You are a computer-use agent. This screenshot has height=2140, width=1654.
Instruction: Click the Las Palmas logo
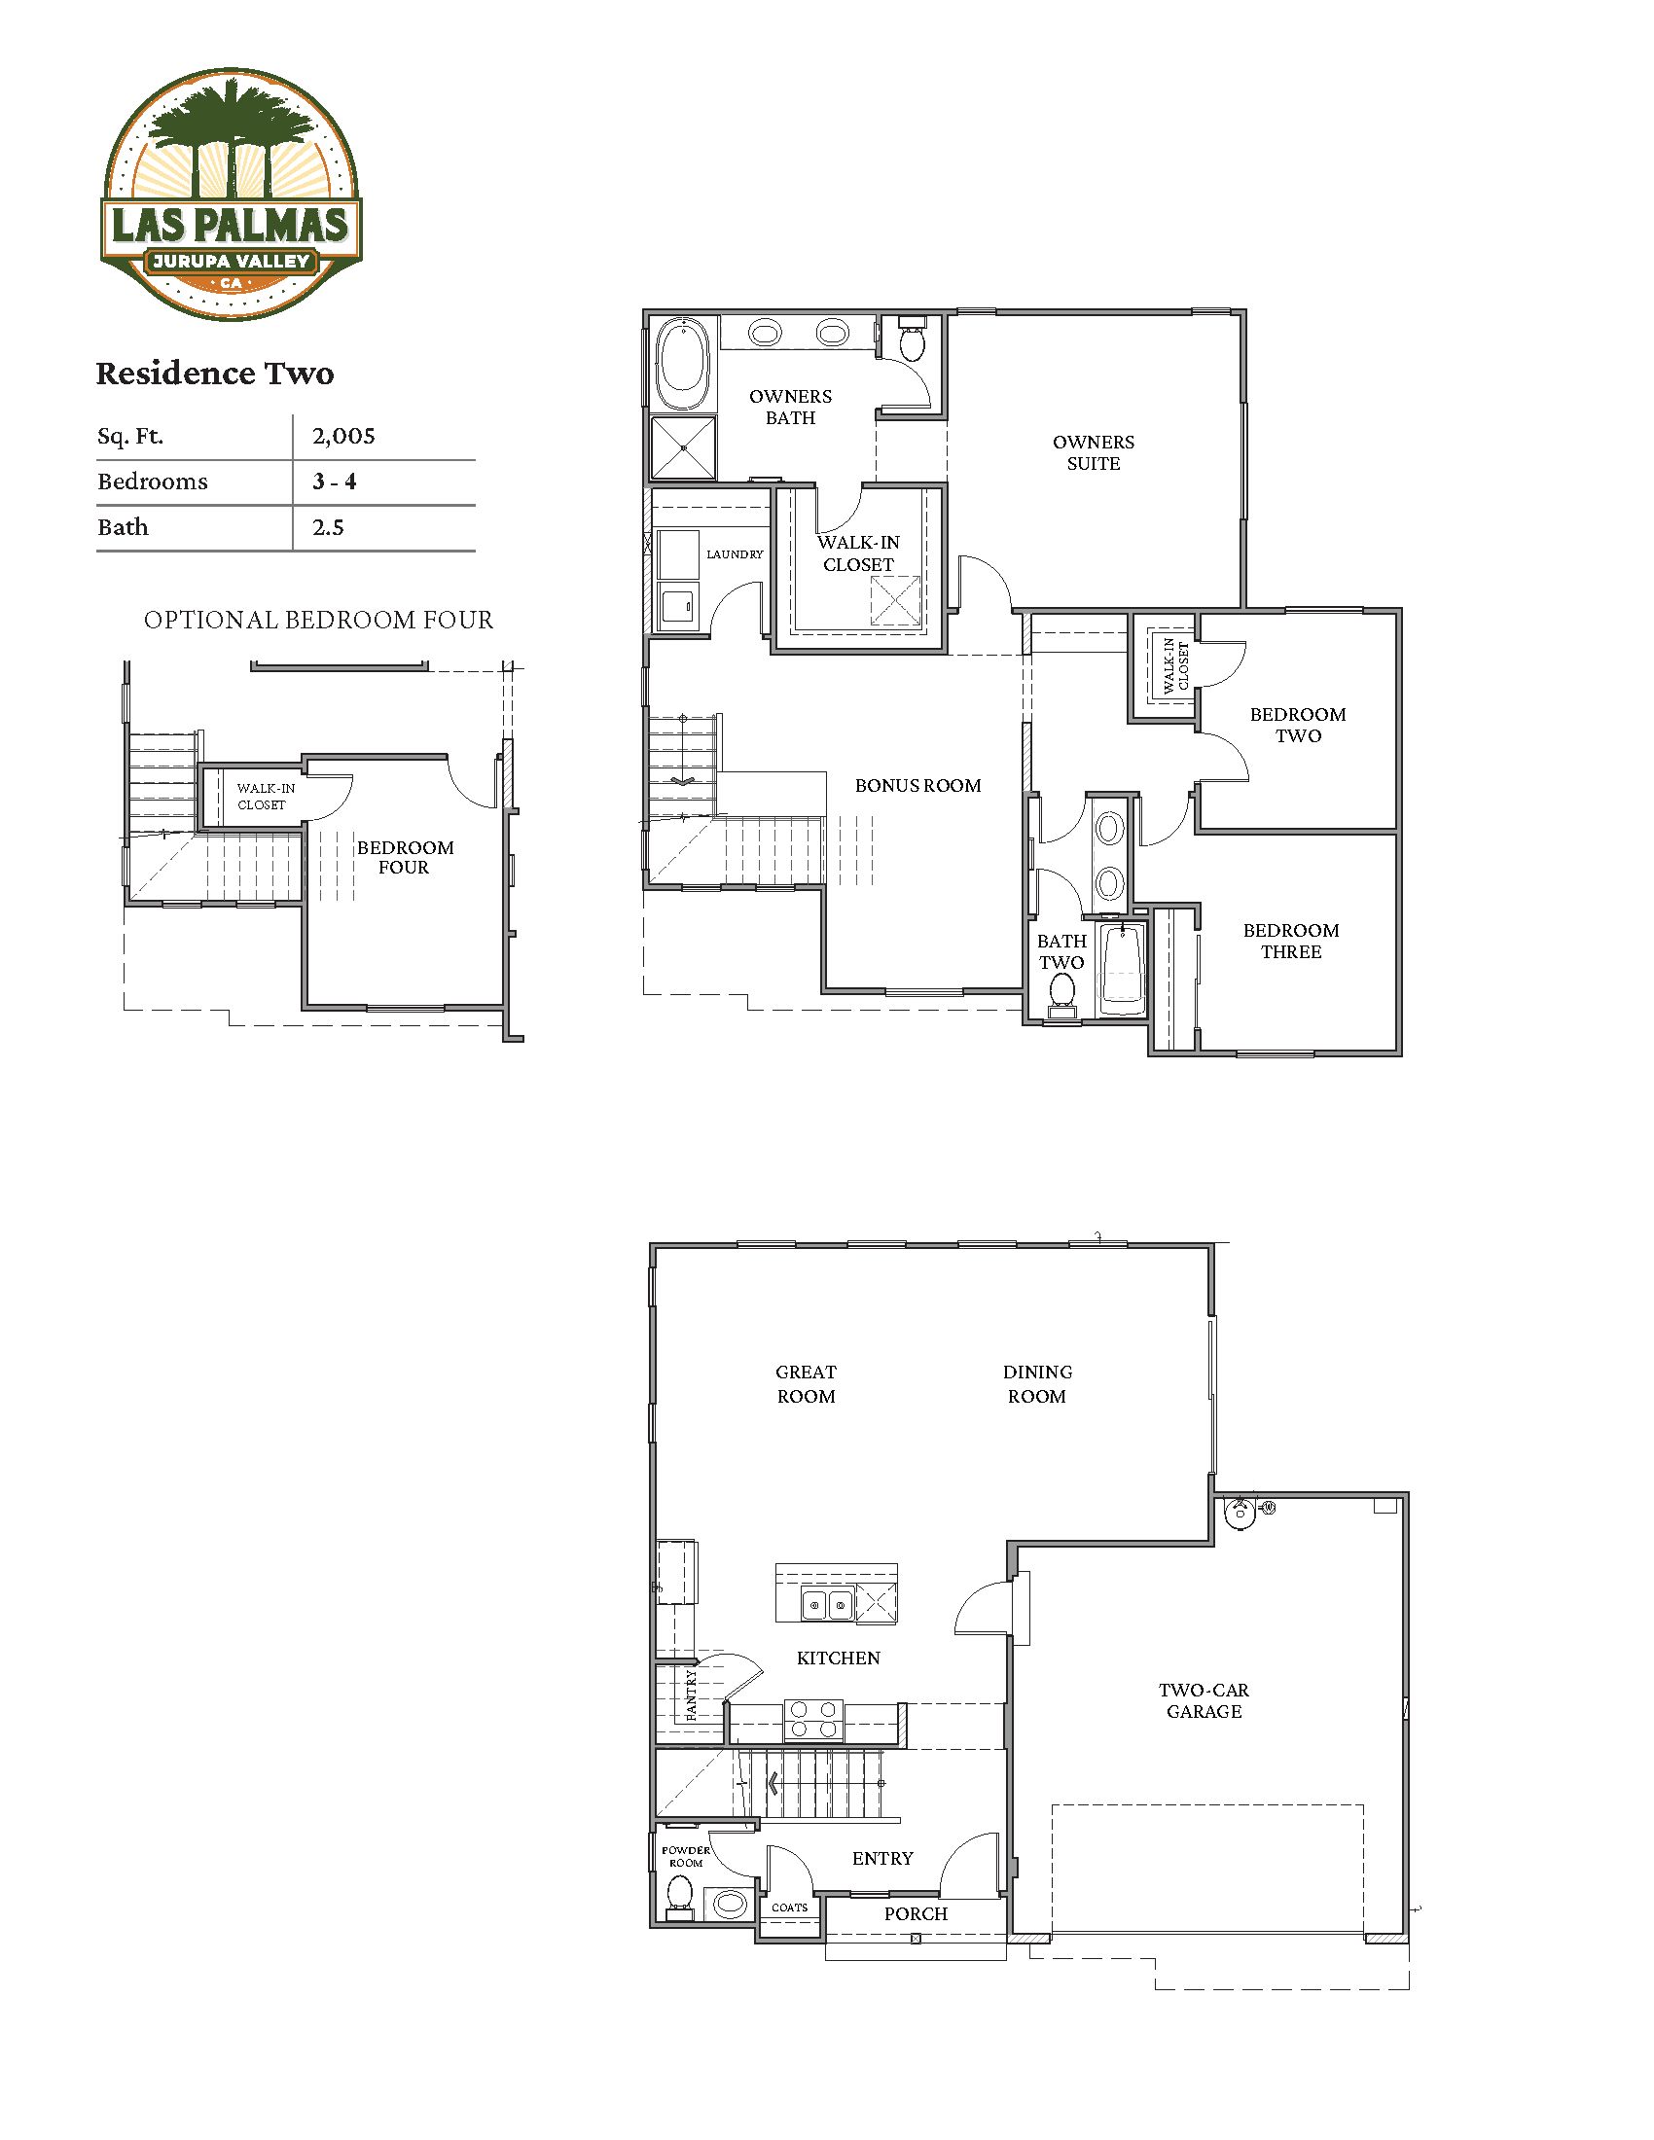click(x=233, y=194)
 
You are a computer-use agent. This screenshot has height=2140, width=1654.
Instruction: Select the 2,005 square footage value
click(x=342, y=437)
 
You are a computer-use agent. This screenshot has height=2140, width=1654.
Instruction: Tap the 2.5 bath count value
click(x=328, y=527)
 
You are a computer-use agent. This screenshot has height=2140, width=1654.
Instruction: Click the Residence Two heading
click(x=215, y=374)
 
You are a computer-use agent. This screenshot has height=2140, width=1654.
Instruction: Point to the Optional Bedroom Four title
click(x=318, y=621)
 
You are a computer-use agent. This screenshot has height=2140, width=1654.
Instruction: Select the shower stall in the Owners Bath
click(x=684, y=447)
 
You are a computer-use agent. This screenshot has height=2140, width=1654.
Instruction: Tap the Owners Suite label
click(x=1094, y=452)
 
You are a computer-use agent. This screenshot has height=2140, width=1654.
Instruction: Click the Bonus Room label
click(x=918, y=785)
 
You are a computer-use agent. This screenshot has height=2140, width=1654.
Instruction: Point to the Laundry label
click(x=735, y=554)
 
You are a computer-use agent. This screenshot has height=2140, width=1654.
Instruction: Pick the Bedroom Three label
click(x=1291, y=941)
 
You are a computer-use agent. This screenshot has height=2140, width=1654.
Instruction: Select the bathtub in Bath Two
click(x=1121, y=969)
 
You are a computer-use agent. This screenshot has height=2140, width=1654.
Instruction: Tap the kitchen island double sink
click(x=827, y=1605)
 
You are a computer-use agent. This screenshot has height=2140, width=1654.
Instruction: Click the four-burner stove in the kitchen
click(x=813, y=1721)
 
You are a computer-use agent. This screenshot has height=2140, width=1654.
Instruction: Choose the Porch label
click(x=917, y=1913)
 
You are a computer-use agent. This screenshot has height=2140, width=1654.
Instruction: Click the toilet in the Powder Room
click(x=679, y=1899)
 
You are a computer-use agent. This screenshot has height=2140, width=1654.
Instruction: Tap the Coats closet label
click(x=790, y=1908)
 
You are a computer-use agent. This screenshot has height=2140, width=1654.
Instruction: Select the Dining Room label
click(x=1037, y=1383)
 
